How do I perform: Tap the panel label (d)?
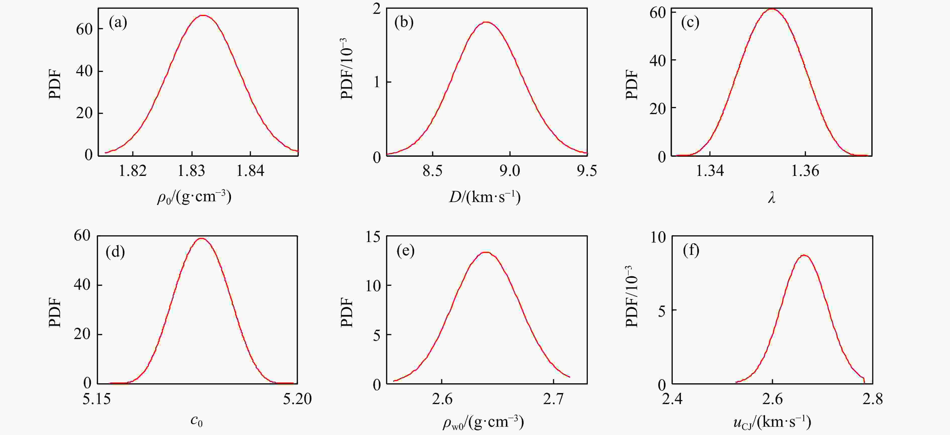click(x=115, y=252)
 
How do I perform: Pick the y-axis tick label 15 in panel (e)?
click(x=373, y=237)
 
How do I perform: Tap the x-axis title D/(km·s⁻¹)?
click(x=485, y=197)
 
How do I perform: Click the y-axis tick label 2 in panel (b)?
click(x=376, y=9)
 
